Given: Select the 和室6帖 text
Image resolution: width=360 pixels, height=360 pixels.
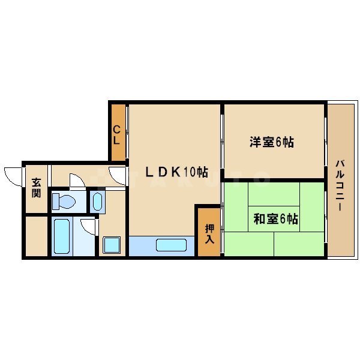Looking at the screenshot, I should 275,219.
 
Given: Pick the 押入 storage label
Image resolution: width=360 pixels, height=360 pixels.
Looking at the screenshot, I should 209,233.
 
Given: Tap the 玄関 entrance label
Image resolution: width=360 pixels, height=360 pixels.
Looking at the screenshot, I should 37,188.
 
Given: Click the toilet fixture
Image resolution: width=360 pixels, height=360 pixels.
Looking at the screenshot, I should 63,201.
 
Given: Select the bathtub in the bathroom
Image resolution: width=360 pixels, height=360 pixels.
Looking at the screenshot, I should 62,236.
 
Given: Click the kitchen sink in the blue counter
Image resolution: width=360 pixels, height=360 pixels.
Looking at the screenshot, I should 172,245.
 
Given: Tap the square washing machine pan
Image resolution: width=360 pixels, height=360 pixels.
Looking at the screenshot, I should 112,245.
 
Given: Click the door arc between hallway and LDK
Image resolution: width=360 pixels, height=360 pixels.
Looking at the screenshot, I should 118,176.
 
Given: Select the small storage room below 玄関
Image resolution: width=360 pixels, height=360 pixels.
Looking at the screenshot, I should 36,236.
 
